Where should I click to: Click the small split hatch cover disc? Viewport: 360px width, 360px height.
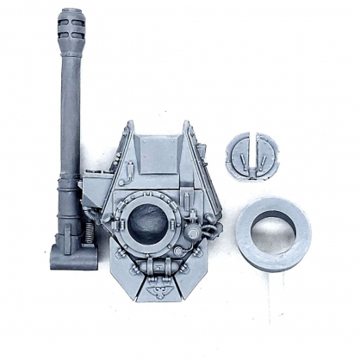point(252,155)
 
